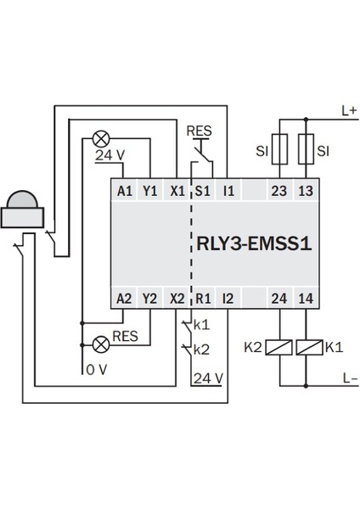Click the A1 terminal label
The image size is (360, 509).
click(123, 191)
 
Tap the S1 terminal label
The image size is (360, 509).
click(202, 191)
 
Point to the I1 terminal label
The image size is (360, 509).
click(228, 191)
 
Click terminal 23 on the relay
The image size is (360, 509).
click(278, 191)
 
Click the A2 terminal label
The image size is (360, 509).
click(123, 298)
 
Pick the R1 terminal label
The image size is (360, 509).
click(202, 298)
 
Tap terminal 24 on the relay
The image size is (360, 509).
click(278, 298)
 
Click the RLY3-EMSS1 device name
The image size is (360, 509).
click(248, 245)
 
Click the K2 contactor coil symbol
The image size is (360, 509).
click(278, 348)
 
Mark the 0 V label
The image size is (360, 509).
click(95, 370)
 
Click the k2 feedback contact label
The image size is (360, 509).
click(201, 349)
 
